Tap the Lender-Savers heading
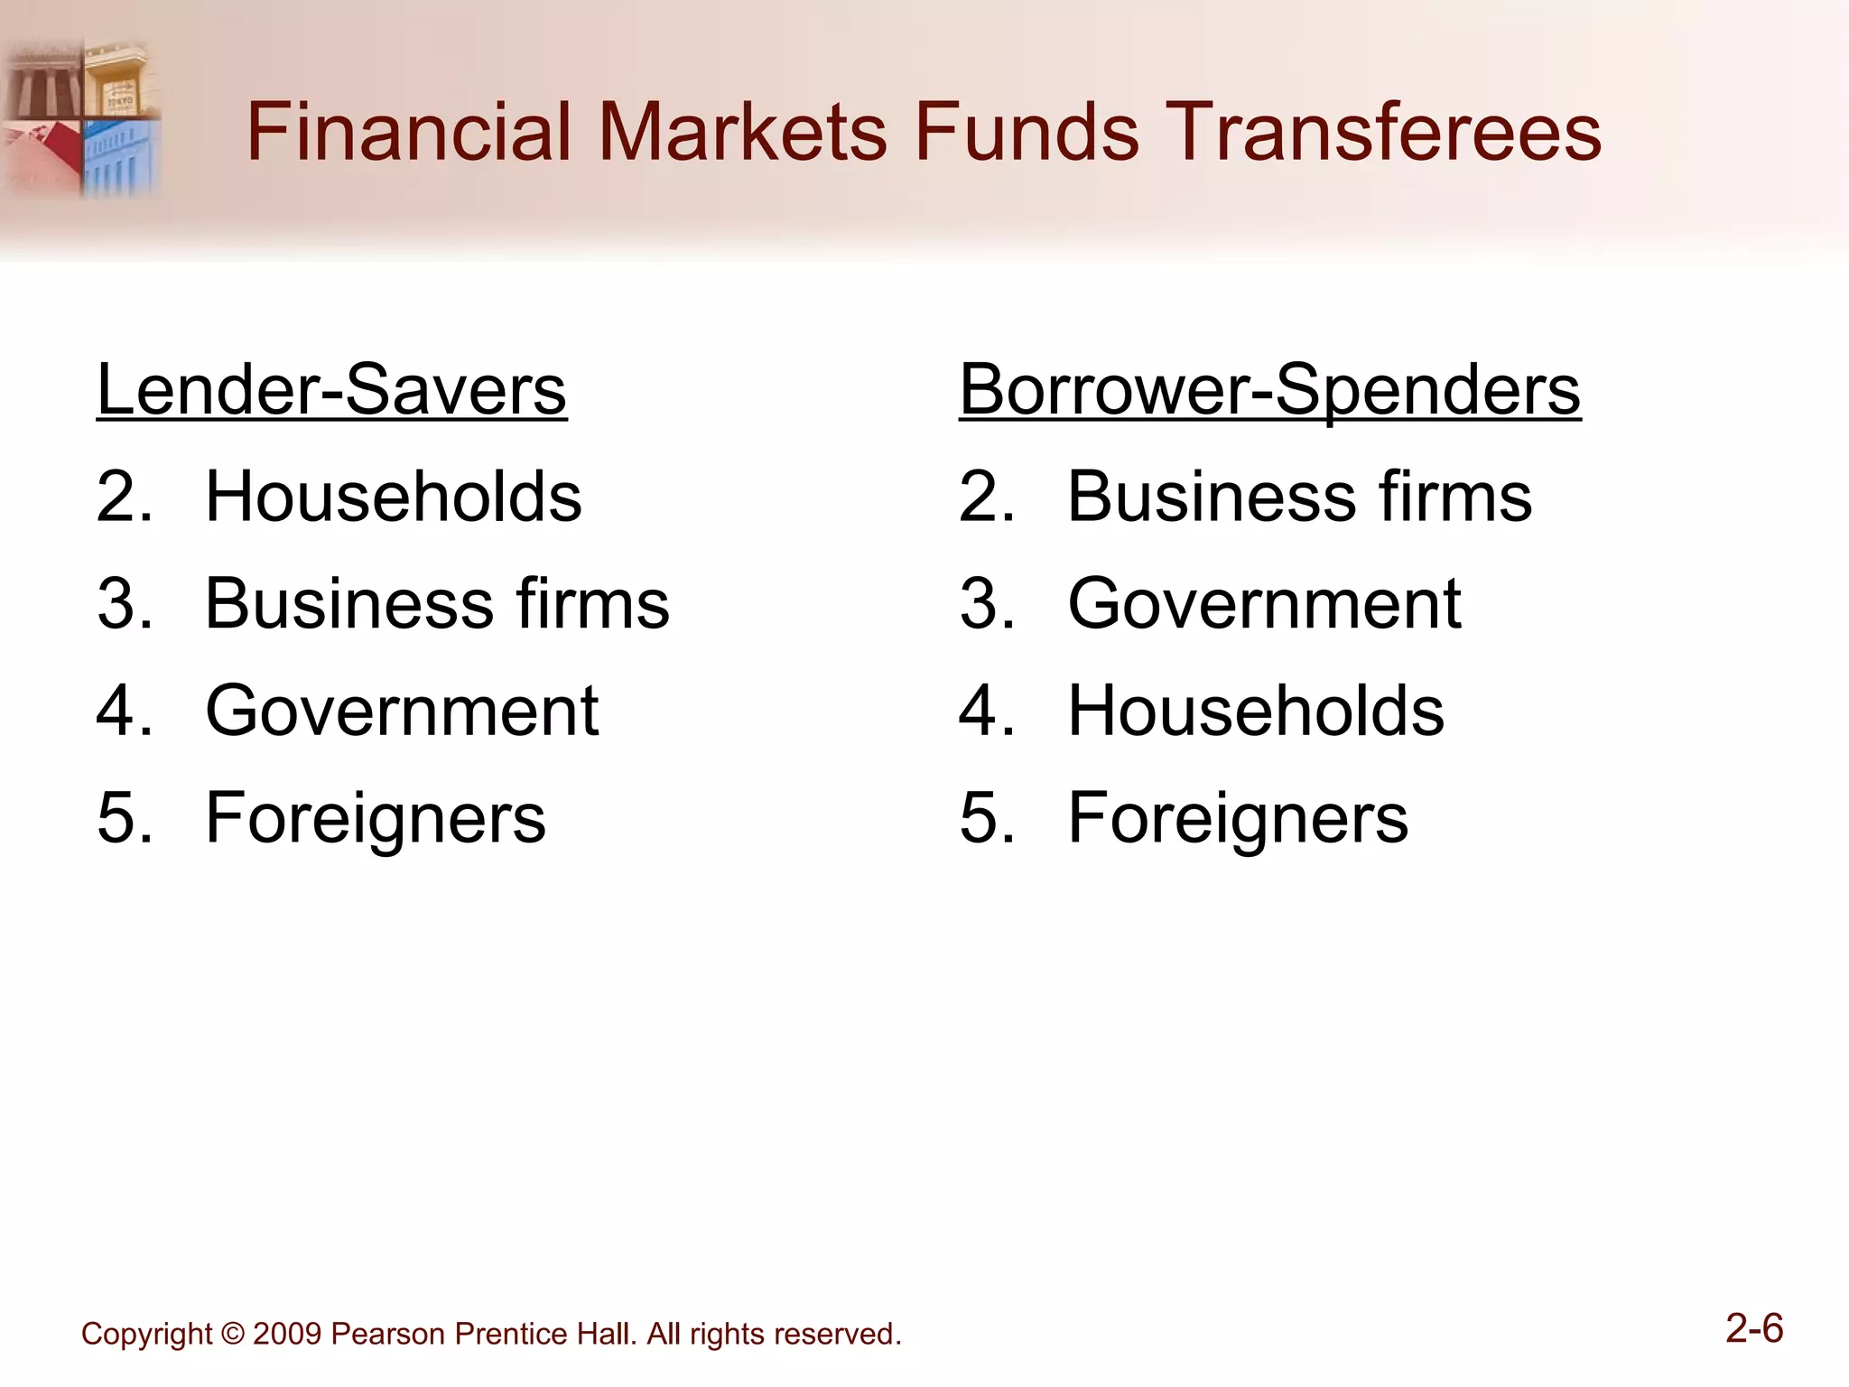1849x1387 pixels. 331,389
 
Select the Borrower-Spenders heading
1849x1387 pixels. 1269,389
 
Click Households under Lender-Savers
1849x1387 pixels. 394,497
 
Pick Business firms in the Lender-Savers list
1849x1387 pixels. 437,603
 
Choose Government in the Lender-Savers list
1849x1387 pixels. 402,711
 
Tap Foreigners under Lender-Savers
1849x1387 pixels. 376,818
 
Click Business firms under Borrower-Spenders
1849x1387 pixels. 1299,497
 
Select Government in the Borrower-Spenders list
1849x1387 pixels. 1264,603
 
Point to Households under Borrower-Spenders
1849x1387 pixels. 1256,711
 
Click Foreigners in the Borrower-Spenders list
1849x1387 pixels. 1238,818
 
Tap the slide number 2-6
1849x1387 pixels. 1754,1328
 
